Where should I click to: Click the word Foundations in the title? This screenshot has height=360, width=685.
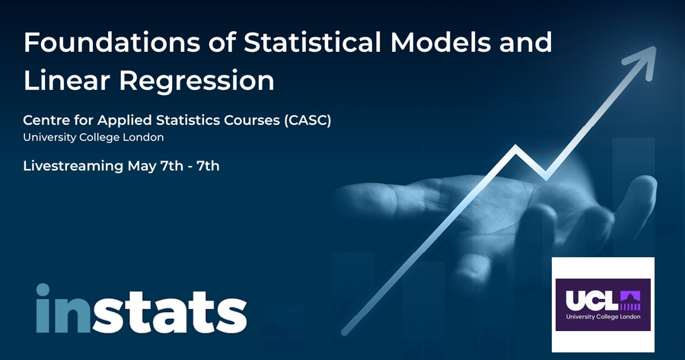[x=112, y=43]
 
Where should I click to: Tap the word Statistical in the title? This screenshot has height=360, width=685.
[x=312, y=43]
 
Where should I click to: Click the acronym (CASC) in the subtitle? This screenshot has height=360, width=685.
[x=307, y=120]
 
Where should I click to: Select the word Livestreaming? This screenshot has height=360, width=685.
[x=73, y=167]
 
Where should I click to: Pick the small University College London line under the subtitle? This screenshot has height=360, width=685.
[x=94, y=137]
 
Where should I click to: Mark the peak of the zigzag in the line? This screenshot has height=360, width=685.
[x=516, y=148]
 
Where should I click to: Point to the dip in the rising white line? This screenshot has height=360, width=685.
[x=546, y=177]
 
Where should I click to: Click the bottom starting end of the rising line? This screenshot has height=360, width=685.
[x=345, y=333]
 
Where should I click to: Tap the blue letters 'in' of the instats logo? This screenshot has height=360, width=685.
[x=63, y=308]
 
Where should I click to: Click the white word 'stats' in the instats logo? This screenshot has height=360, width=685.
[x=170, y=312]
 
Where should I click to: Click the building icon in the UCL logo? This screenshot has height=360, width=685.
[x=630, y=301]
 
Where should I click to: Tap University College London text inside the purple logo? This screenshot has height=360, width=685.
[x=604, y=317]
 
